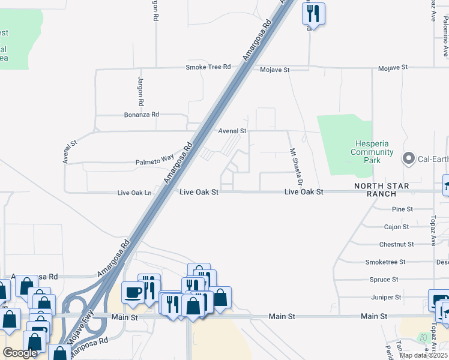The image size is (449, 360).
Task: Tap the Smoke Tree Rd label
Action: pyautogui.click(x=208, y=67)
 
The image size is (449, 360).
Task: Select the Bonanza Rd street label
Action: pyautogui.click(x=142, y=114)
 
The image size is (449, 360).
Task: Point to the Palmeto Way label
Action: pyautogui.click(x=154, y=161)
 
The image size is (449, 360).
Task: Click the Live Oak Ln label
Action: pyautogui.click(x=134, y=193)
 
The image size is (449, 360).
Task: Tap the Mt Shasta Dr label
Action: pyautogui.click(x=295, y=166)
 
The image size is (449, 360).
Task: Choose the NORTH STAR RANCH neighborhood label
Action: pyautogui.click(x=382, y=190)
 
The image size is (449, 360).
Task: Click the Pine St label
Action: pyautogui.click(x=402, y=209)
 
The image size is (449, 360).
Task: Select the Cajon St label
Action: pyautogui.click(x=396, y=227)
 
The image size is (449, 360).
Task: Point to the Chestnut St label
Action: pyautogui.click(x=396, y=244)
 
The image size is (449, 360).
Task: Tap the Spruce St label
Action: pyautogui.click(x=384, y=280)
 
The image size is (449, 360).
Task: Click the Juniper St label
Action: pyautogui.click(x=386, y=297)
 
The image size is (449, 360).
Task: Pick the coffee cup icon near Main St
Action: pyautogui.click(x=132, y=292)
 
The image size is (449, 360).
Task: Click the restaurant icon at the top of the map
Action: pyautogui.click(x=313, y=13)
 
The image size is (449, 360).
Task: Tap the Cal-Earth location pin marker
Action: pyautogui.click(x=409, y=158)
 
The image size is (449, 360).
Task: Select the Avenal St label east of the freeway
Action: pyautogui.click(x=232, y=131)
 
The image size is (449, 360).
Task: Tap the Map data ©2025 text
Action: pyautogui.click(x=423, y=355)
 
